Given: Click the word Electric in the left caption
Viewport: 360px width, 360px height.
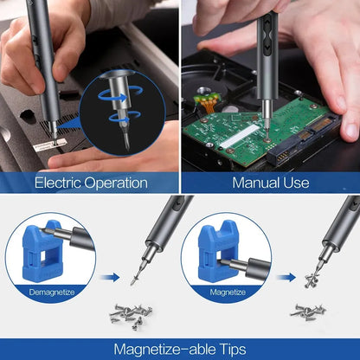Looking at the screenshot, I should [61, 183].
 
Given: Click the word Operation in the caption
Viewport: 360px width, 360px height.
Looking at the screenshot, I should [119, 183].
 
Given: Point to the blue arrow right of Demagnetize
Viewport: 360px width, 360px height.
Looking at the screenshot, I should [107, 278].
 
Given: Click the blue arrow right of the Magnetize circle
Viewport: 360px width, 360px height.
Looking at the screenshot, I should [282, 278].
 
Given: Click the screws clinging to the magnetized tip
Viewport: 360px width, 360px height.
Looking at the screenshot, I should [311, 279].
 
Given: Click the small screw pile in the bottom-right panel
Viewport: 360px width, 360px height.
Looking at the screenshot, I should [309, 311].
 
